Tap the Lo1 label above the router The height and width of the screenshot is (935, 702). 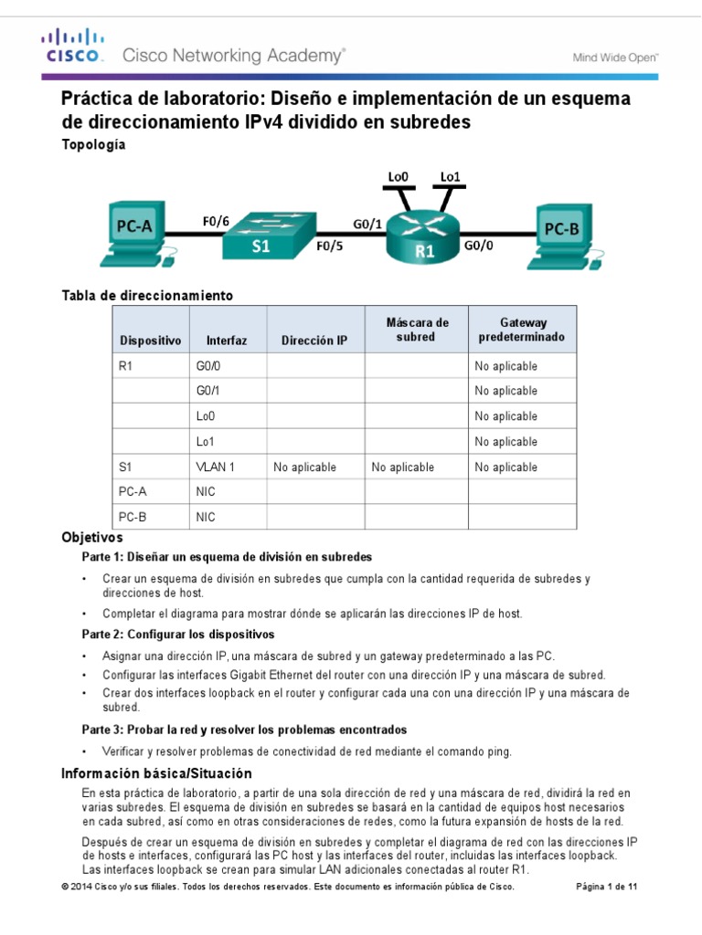pos(451,176)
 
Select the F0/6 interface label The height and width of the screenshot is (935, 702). pos(216,220)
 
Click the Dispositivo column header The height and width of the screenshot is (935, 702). pos(151,340)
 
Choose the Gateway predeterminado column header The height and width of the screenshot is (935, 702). pos(522,330)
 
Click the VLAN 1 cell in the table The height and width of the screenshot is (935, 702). pos(216,467)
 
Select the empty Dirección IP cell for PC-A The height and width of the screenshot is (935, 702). pos(315,492)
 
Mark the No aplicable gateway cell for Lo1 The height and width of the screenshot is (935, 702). pos(505,442)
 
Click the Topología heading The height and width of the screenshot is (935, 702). pos(93,144)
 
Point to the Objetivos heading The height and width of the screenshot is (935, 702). pos(91,538)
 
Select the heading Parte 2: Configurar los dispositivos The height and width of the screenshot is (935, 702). pos(178,634)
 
